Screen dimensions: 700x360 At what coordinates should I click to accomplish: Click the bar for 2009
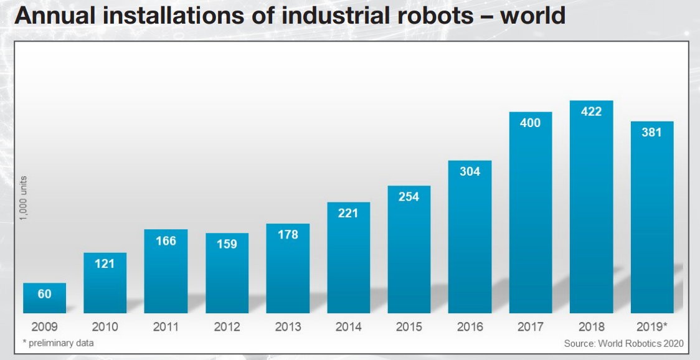point(45,298)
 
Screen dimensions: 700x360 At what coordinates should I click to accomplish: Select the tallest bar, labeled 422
point(592,207)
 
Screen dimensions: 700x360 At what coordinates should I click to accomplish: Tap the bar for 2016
point(470,237)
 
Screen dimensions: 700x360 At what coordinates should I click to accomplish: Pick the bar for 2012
point(227,273)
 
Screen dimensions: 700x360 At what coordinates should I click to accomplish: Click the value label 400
point(531,123)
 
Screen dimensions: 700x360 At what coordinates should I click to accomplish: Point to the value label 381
point(652,132)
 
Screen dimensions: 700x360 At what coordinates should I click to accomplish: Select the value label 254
point(409,197)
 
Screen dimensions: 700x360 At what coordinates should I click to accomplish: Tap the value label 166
point(166,241)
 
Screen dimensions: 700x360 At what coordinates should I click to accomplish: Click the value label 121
point(105,263)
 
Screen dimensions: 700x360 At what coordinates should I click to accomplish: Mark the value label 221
point(348,213)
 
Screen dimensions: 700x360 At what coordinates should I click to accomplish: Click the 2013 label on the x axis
point(288,327)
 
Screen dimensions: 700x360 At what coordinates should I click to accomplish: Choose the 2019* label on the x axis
point(652,327)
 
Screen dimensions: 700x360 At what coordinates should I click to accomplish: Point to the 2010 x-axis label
point(105,327)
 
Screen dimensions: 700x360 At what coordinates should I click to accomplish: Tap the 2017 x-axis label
point(531,327)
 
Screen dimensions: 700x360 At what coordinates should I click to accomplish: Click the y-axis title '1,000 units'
point(23,198)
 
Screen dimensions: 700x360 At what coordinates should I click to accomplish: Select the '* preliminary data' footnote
point(58,343)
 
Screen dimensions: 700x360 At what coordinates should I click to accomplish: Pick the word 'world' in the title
point(532,16)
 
